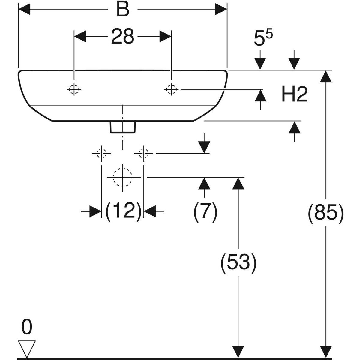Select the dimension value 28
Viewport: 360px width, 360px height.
[123, 36]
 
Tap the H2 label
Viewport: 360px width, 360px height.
[295, 95]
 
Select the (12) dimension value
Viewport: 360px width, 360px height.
[123, 211]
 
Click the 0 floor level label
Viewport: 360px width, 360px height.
[27, 328]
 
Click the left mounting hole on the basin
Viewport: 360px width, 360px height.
[74, 89]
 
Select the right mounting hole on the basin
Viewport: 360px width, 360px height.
[171, 89]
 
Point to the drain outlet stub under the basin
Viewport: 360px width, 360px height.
[123, 127]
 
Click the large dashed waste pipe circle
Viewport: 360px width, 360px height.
[122, 177]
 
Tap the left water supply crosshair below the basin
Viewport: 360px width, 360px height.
[102, 153]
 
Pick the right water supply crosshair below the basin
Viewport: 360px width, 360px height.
[144, 153]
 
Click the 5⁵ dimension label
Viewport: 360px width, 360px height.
[263, 39]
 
